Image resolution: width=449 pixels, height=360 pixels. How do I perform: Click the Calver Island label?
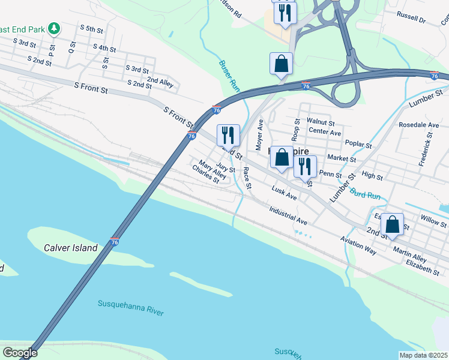click(x=70, y=248)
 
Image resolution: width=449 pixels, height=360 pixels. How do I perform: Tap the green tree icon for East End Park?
click(x=54, y=28)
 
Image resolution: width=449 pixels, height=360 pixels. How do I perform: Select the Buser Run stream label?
click(x=229, y=75)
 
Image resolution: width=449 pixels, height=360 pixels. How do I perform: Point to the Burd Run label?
click(x=365, y=194)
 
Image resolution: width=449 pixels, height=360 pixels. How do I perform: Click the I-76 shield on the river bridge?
click(x=115, y=242)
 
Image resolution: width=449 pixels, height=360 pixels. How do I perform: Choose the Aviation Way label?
click(x=358, y=246)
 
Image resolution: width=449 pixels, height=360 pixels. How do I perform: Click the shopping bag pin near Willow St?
click(x=392, y=226)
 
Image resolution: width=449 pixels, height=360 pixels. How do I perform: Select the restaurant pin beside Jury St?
click(x=228, y=134)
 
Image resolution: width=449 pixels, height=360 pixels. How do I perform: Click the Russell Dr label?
click(x=411, y=19)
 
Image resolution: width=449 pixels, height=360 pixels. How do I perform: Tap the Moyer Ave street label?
click(x=260, y=134)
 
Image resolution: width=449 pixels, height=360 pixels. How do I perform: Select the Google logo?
click(x=20, y=353)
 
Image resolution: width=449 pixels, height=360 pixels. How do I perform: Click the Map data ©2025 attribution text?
click(x=424, y=355)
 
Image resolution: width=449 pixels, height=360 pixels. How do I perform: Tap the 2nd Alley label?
click(x=160, y=80)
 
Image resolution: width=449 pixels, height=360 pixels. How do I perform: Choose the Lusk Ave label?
click(x=284, y=193)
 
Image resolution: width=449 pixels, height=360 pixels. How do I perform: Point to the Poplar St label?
click(x=360, y=145)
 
